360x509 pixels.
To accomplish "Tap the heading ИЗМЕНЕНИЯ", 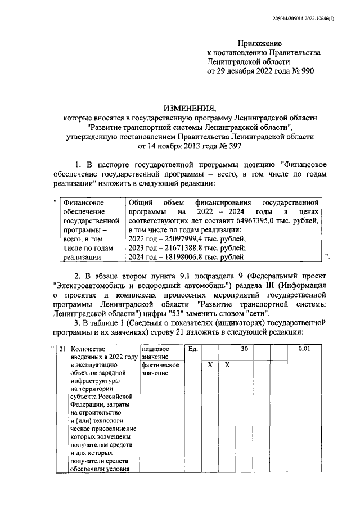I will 190,109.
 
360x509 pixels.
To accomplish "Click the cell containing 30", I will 245,349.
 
